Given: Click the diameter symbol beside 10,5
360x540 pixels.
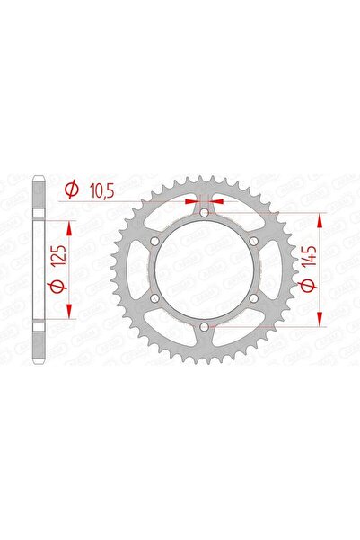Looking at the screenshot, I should [x=71, y=190].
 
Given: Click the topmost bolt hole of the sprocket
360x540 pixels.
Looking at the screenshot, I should [x=205, y=214].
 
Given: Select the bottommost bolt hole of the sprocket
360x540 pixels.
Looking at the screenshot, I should [x=205, y=326].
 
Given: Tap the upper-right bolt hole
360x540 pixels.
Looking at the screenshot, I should [x=254, y=242].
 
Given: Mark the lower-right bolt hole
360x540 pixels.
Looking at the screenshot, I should [x=254, y=298].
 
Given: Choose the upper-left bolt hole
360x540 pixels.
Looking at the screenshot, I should [x=156, y=242].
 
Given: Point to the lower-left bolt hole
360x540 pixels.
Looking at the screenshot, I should [x=156, y=298].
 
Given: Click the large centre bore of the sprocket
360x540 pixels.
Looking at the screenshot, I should [x=205, y=270].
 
